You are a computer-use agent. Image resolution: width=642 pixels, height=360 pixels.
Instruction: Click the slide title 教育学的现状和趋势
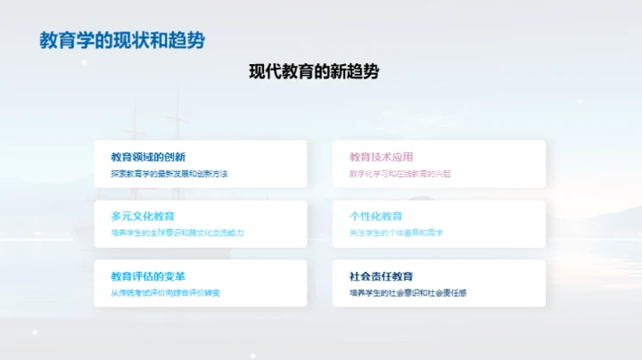(122, 40)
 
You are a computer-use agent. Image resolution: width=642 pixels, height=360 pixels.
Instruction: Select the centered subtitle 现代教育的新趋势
(314, 72)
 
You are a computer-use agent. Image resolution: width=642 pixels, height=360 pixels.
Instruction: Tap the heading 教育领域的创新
(148, 157)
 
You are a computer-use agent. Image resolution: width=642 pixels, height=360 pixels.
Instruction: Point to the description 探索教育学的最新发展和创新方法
(169, 174)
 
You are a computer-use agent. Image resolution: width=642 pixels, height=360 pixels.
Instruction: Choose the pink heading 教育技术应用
(382, 157)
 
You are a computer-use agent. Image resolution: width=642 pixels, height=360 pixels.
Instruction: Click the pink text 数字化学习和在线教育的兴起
(400, 174)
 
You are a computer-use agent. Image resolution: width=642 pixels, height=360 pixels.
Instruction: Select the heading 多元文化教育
(143, 217)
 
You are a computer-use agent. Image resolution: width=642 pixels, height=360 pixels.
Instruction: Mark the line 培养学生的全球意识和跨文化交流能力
(177, 233)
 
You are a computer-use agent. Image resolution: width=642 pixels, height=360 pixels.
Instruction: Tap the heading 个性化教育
(376, 217)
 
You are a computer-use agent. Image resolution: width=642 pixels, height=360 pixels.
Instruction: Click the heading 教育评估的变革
(148, 276)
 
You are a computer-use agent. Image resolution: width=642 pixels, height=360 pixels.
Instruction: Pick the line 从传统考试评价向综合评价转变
(165, 293)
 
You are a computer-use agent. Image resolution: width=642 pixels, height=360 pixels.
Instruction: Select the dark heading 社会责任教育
(382, 276)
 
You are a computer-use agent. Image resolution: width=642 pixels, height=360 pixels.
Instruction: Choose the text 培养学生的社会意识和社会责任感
(408, 293)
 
